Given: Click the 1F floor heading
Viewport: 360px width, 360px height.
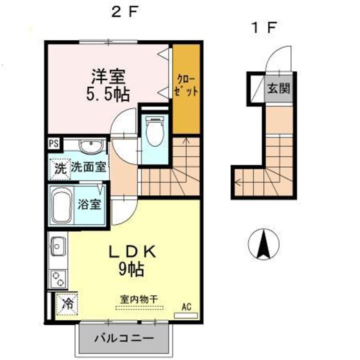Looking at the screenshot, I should [263, 27].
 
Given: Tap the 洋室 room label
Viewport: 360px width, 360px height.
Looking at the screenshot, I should [108, 77].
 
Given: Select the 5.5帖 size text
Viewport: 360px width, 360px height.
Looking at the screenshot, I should [107, 93].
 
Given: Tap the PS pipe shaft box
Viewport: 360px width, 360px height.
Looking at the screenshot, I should [53, 143].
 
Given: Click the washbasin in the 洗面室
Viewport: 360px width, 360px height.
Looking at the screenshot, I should [91, 147].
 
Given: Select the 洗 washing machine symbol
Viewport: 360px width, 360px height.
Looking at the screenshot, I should [60, 168].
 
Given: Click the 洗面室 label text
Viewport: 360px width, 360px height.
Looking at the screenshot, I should [88, 167].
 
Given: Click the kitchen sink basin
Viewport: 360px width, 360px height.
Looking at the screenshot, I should [57, 246].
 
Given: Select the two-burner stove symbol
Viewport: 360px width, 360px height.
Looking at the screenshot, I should [57, 278].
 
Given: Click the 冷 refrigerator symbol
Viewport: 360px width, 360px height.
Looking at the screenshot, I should [67, 303].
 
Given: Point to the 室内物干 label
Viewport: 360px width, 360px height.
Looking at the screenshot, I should [138, 299].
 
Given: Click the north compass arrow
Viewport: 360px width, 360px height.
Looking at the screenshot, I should [263, 244].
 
